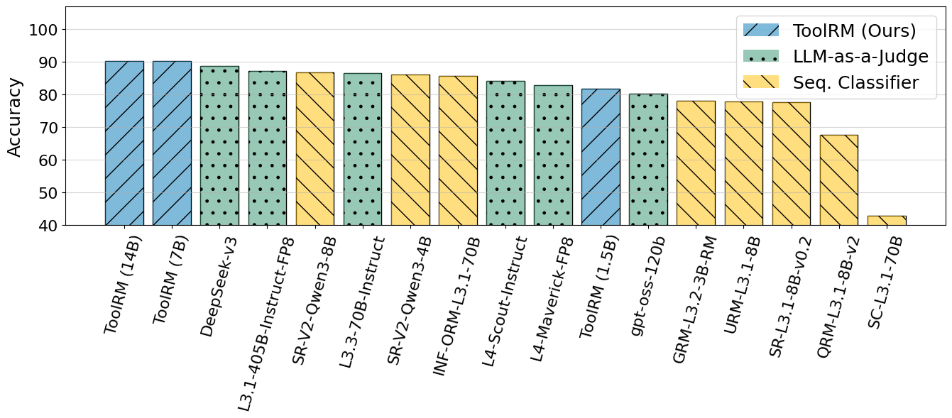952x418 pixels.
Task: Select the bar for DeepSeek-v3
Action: click(x=219, y=145)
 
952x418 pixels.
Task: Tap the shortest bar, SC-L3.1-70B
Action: click(x=887, y=221)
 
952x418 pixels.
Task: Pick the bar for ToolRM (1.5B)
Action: click(x=601, y=157)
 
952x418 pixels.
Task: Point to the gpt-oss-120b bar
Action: click(x=648, y=160)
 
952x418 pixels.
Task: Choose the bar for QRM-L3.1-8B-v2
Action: click(x=839, y=180)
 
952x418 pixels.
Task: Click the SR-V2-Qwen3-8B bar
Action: click(x=314, y=149)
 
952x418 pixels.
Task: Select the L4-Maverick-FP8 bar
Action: click(x=553, y=155)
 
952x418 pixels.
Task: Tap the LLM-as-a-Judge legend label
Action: click(x=860, y=56)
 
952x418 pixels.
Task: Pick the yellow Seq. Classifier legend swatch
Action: click(x=760, y=82)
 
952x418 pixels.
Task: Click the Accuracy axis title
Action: click(x=15, y=116)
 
